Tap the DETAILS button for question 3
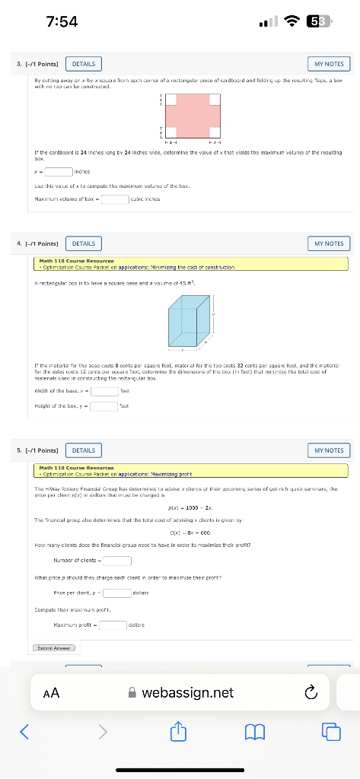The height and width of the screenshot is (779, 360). click(x=84, y=64)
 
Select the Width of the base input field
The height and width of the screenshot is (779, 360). click(x=105, y=391)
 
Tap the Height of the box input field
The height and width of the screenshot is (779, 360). click(x=105, y=405)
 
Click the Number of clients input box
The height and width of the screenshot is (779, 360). click(x=117, y=561)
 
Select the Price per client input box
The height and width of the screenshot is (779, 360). click(x=117, y=592)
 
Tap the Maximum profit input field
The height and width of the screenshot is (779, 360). click(x=113, y=625)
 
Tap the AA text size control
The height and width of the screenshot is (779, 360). click(x=52, y=693)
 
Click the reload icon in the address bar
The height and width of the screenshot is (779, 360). click(x=309, y=693)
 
